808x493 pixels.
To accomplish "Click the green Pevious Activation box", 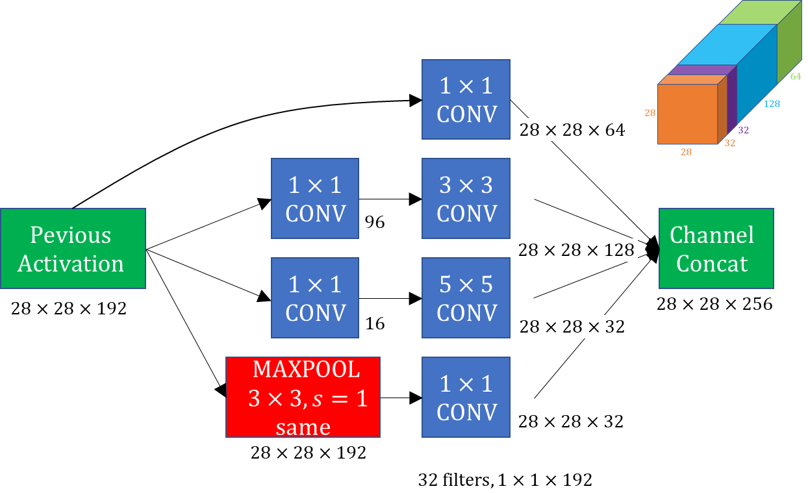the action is tap(73, 249).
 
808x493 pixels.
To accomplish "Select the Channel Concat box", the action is tap(716, 249).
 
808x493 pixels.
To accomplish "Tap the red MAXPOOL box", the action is tap(303, 397).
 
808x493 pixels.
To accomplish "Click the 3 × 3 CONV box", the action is tap(466, 198).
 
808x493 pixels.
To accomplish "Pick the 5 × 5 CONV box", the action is tap(466, 298).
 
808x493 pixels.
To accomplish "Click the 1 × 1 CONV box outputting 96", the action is tap(315, 198).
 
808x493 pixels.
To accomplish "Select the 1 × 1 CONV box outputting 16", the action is tap(315, 298).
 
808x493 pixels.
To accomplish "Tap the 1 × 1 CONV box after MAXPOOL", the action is tap(466, 397).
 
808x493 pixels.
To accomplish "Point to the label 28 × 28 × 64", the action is tap(572, 130).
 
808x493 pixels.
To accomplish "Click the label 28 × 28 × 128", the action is tap(576, 250).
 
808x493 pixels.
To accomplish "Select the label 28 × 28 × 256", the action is tap(714, 304).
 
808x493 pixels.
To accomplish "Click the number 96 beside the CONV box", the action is tap(375, 222).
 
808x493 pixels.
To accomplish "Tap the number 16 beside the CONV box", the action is tap(375, 323).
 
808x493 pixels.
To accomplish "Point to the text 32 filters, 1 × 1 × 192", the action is tap(505, 480).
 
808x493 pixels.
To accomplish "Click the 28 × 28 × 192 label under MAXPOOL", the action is tap(309, 453).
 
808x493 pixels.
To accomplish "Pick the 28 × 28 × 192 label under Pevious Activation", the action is tap(69, 309).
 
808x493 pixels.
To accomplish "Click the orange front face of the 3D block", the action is tap(688, 114).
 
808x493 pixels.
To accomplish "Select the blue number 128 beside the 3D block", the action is tap(772, 104).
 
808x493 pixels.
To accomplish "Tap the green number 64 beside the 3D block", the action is tap(796, 77).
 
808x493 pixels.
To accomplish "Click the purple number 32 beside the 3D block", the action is tap(744, 130).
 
